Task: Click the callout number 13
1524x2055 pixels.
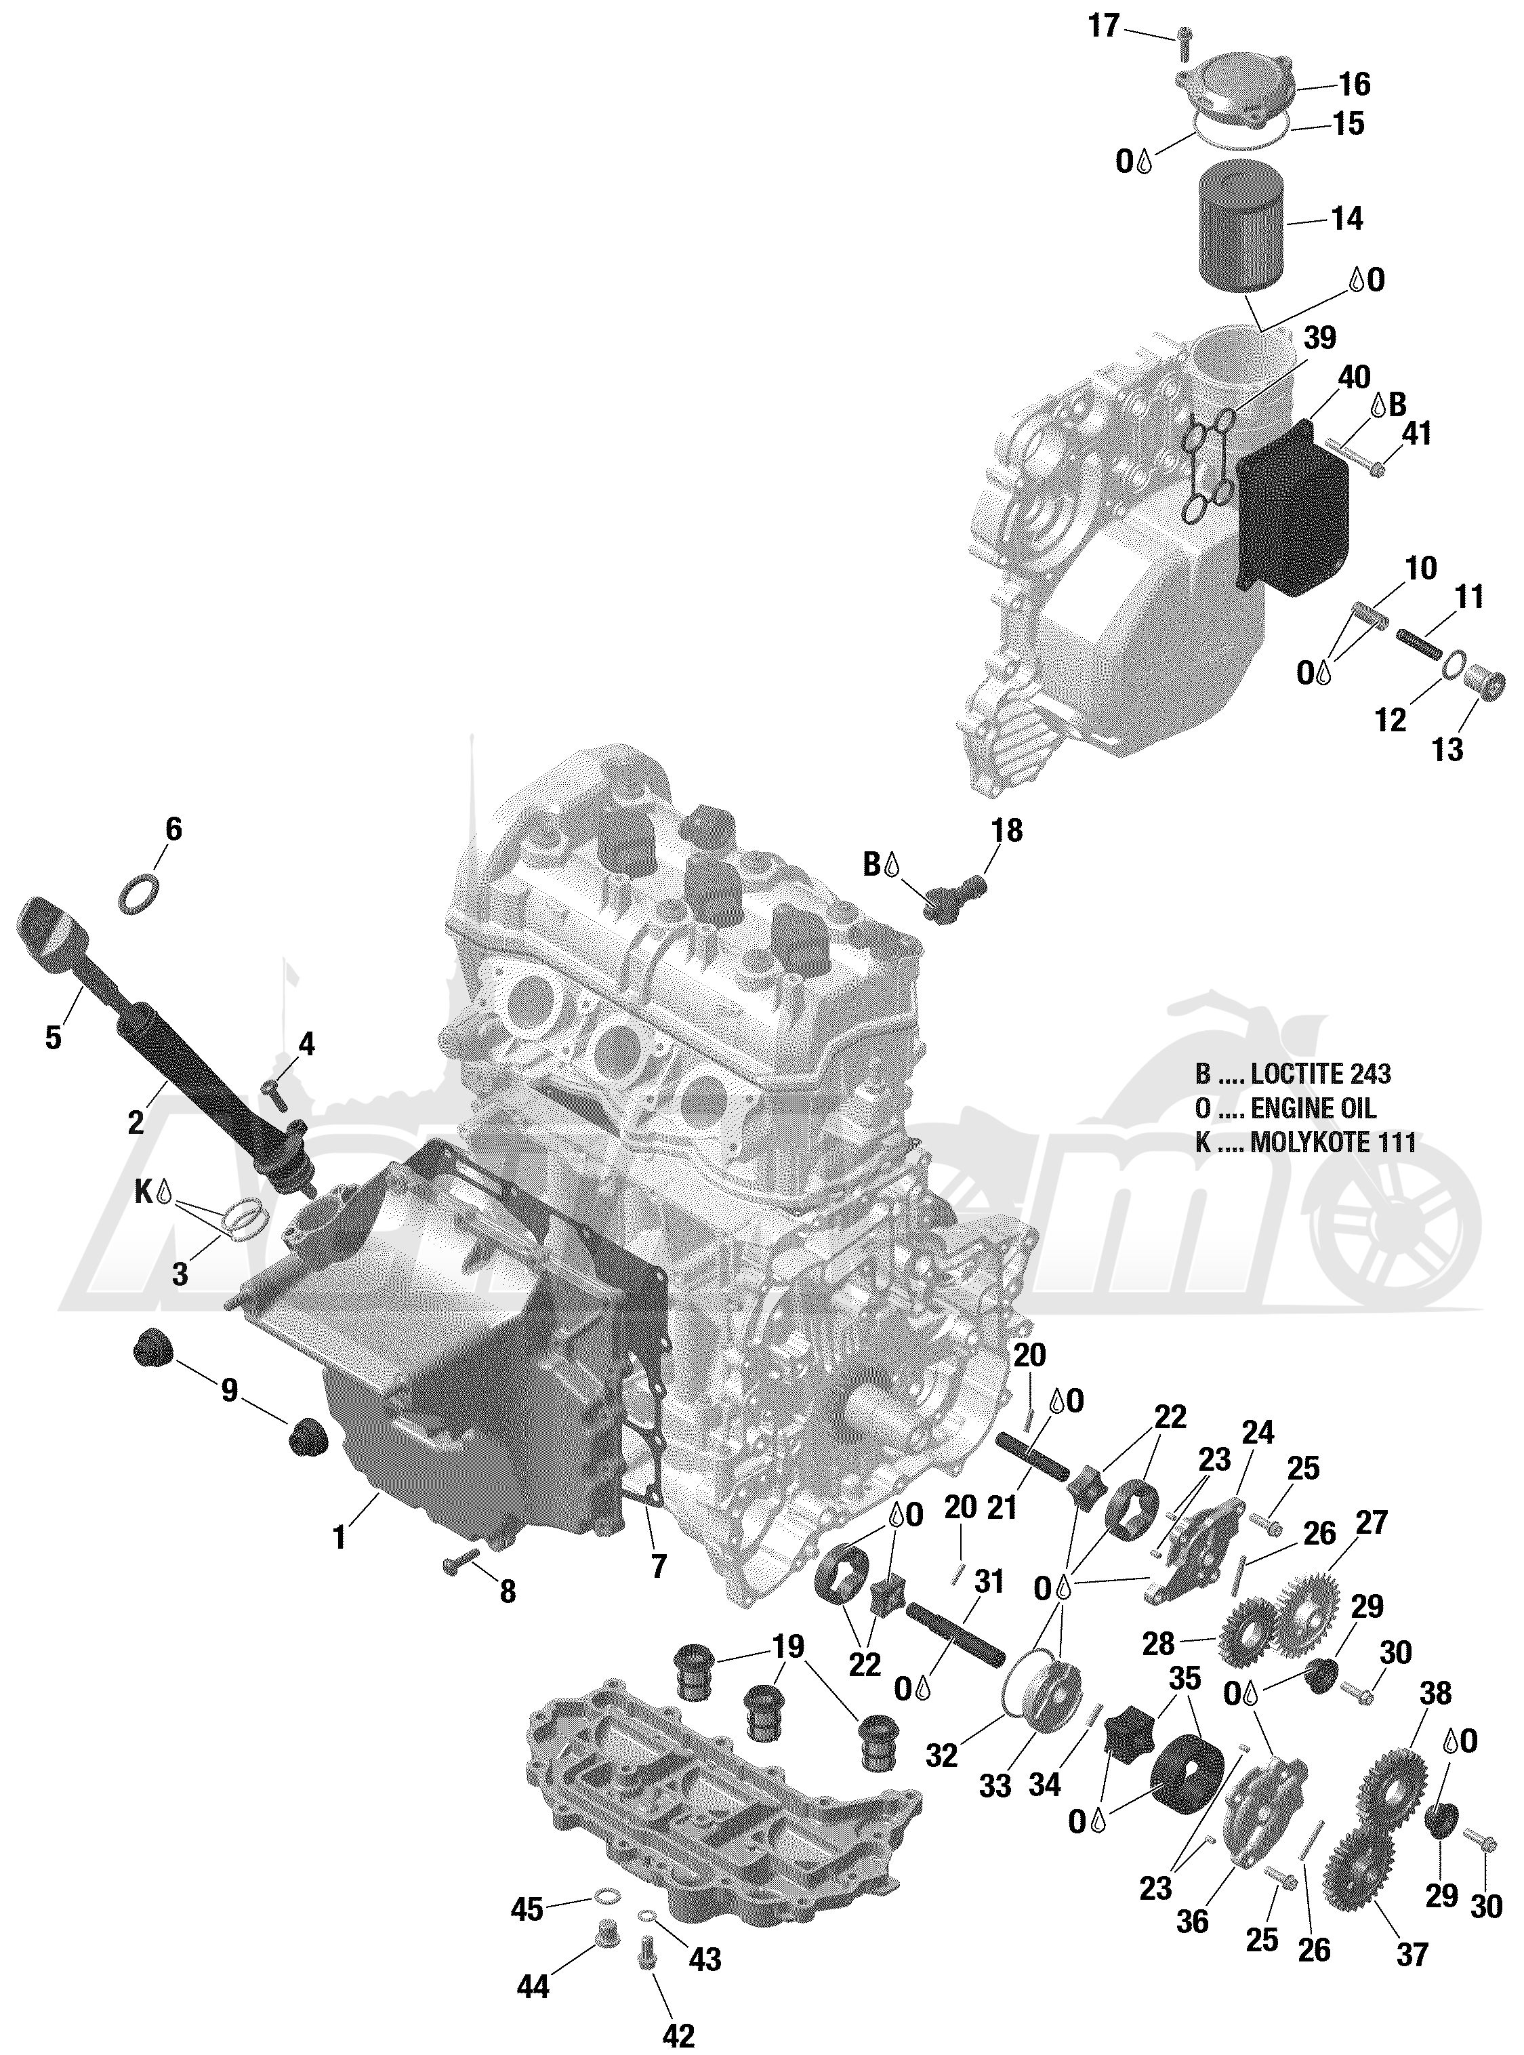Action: coord(1448,750)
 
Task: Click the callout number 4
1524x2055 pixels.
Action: coord(306,1044)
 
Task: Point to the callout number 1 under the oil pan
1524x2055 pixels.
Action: coord(340,1537)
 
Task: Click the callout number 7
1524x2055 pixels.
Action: coord(659,1566)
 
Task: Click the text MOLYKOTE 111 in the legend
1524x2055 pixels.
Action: coord(1332,1143)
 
